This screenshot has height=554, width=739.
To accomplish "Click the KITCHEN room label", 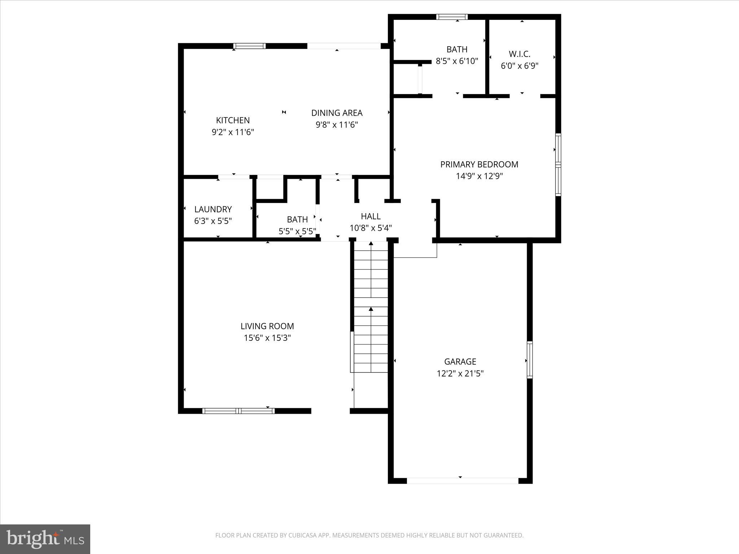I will (x=233, y=120).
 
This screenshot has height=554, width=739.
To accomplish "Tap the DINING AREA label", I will (x=337, y=113).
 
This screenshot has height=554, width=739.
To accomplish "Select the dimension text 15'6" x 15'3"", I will (x=267, y=338).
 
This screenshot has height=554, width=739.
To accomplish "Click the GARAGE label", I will (x=460, y=361).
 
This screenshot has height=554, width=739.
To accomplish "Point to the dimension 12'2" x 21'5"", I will (x=460, y=373).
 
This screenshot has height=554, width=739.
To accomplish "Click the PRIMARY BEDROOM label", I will (x=479, y=164).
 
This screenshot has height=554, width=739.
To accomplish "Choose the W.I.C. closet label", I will (x=520, y=54).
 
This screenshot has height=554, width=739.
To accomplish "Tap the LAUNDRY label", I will (x=213, y=209).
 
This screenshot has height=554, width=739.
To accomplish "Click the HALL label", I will (x=371, y=216).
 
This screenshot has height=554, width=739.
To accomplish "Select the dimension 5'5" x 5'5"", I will (x=297, y=231).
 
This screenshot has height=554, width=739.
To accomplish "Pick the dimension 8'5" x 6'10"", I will (x=457, y=61).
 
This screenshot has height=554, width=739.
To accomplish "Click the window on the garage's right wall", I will (x=529, y=360).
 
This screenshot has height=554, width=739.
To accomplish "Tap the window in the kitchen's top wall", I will (x=249, y=46).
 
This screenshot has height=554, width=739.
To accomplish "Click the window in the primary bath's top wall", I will (x=452, y=17).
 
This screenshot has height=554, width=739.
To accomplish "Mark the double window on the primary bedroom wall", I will (x=558, y=164).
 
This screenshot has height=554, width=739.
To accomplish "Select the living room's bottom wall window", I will (x=238, y=411).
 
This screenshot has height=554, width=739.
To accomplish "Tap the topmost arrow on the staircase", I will (x=371, y=244).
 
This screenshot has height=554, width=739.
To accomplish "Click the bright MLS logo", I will (x=45, y=539).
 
